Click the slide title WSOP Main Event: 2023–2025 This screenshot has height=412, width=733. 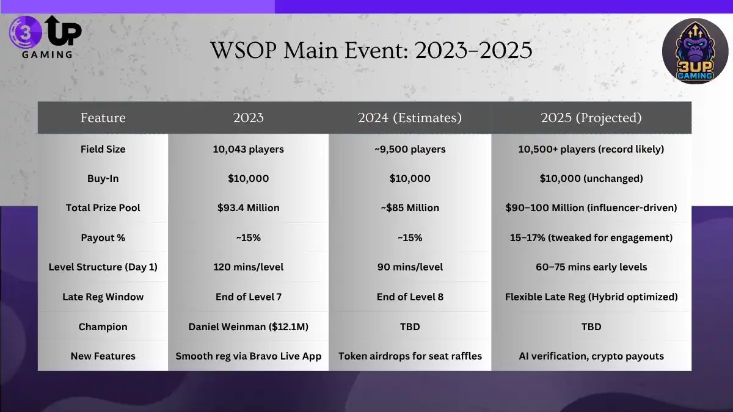click(x=371, y=50)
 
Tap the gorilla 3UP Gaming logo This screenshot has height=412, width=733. click(x=695, y=51)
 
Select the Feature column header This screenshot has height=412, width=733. click(x=103, y=118)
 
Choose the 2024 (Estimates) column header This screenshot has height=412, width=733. click(x=409, y=118)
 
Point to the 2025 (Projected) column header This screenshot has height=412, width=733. click(x=591, y=118)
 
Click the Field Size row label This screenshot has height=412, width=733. click(x=103, y=149)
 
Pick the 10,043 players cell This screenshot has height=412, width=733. click(x=248, y=149)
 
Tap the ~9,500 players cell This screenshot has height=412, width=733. click(x=409, y=149)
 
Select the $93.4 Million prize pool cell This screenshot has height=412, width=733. click(x=248, y=208)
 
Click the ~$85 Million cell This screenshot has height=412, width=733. click(x=409, y=208)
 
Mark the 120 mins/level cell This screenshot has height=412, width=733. click(x=248, y=267)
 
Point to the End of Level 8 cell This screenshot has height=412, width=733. click(x=409, y=297)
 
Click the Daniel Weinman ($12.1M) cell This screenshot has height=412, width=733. click(x=248, y=327)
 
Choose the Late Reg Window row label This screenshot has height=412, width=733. click(x=103, y=297)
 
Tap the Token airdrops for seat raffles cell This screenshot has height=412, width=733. click(x=409, y=356)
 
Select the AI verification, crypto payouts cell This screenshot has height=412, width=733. click(x=591, y=356)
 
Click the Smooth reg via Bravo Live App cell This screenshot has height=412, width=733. click(x=248, y=356)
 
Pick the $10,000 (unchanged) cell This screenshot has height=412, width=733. click(x=591, y=178)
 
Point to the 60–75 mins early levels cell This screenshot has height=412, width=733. click(x=591, y=267)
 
